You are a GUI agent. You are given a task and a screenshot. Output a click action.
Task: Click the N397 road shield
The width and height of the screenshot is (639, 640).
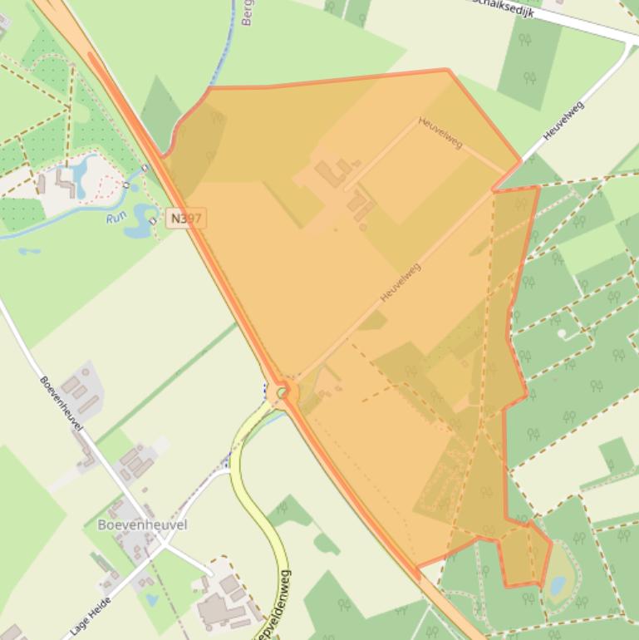[185, 219]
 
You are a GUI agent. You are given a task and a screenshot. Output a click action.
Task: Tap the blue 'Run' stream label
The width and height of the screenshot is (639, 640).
[116, 219]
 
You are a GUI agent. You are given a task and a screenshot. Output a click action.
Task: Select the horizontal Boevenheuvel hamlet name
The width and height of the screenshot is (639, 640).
[142, 524]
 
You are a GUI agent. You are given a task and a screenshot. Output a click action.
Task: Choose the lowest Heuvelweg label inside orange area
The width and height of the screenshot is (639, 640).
[401, 283]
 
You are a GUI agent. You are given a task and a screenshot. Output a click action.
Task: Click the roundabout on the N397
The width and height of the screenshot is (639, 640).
[283, 391]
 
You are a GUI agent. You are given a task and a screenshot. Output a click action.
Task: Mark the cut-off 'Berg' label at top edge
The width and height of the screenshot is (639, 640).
[247, 12]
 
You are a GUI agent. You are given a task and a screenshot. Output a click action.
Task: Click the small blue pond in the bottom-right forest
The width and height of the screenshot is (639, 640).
[558, 585]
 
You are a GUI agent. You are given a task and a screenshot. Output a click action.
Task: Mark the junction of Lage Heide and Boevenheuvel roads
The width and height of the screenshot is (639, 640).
[164, 547]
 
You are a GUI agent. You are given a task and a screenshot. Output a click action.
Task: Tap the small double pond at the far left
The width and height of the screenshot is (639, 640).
[28, 250]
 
